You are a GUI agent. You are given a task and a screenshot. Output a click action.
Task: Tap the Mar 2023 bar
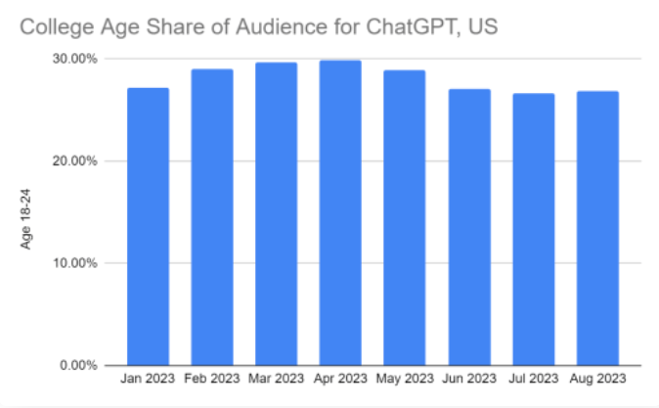pyautogui.click(x=276, y=214)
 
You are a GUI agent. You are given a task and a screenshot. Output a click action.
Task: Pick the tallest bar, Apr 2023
pyautogui.click(x=340, y=213)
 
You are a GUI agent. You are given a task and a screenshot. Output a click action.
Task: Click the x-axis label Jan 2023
pyautogui.click(x=148, y=378)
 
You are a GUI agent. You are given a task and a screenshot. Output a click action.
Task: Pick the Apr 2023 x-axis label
pyautogui.click(x=340, y=378)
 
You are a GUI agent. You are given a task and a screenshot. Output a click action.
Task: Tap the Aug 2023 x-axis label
pyautogui.click(x=597, y=378)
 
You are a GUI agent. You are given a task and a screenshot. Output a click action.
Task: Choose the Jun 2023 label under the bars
pyautogui.click(x=469, y=378)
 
